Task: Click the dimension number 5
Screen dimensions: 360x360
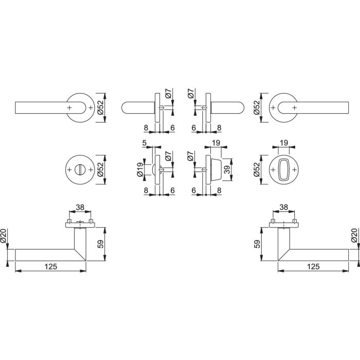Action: [144, 143]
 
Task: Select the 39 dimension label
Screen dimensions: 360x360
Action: [227, 170]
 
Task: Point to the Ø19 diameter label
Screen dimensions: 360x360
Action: [140, 170]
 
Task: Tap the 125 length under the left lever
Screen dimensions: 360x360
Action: [51, 266]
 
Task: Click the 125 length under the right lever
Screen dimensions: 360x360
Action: [313, 266]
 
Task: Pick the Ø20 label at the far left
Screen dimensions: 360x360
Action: [3, 236]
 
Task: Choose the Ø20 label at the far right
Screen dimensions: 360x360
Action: [355, 236]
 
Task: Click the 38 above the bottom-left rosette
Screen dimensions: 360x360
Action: [80, 207]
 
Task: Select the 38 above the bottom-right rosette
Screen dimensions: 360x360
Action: [284, 207]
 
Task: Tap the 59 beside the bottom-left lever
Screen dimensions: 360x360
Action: [101, 244]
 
